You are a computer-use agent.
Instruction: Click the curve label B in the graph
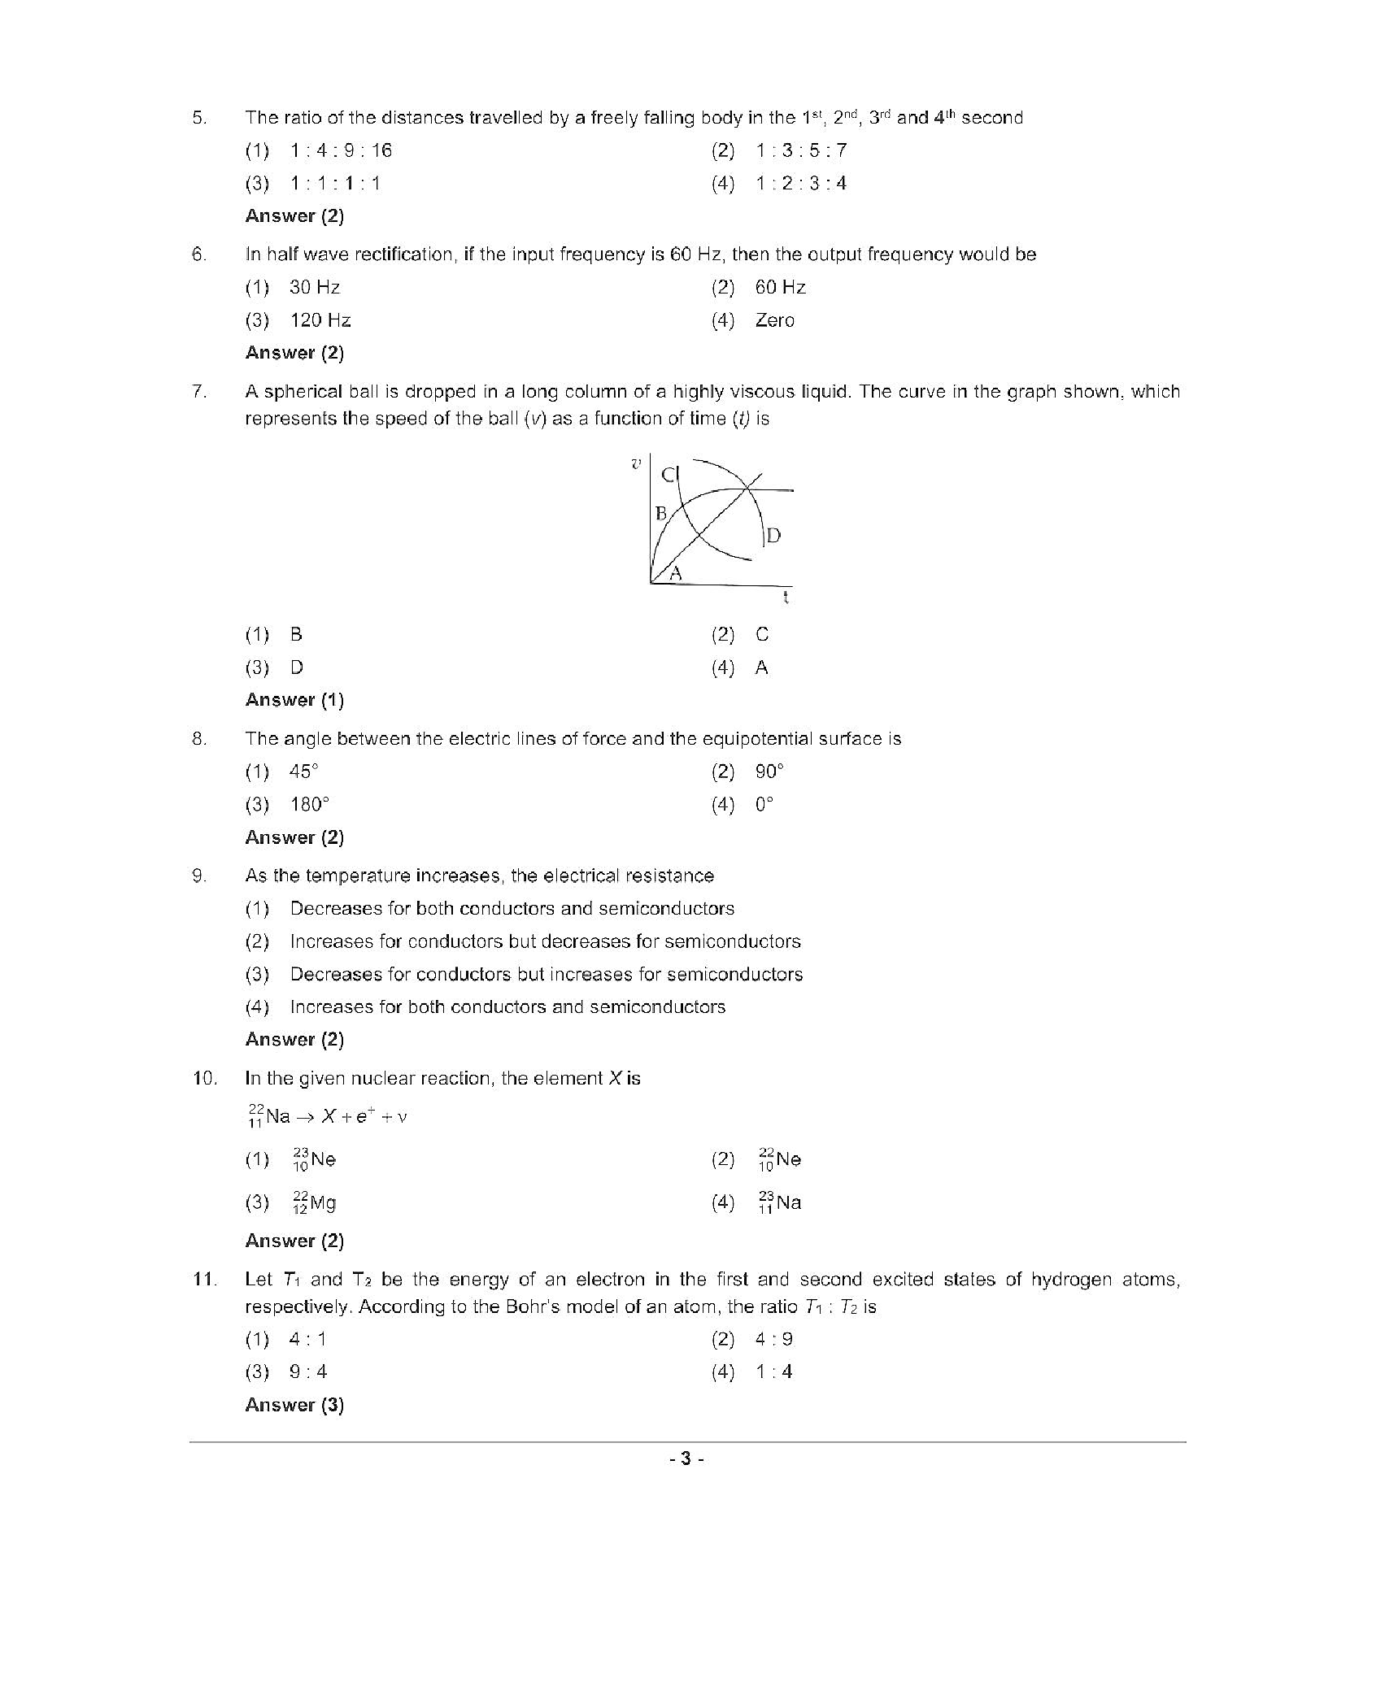click(661, 514)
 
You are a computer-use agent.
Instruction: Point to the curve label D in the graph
click(773, 536)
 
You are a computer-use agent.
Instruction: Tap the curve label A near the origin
click(675, 574)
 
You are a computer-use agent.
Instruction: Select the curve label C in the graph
click(669, 475)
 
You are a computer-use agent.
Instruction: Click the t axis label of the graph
click(786, 598)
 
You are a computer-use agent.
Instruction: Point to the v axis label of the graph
click(636, 464)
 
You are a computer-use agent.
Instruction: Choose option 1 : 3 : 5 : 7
click(800, 150)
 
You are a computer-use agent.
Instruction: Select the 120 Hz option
click(320, 320)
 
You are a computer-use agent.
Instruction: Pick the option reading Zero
click(774, 320)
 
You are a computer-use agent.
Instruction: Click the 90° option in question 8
click(769, 772)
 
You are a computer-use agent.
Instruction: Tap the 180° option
click(310, 805)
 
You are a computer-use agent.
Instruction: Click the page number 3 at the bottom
click(686, 1459)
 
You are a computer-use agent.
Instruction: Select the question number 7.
click(198, 392)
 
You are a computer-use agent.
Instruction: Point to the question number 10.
click(204, 1079)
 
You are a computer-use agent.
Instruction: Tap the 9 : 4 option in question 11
click(308, 1372)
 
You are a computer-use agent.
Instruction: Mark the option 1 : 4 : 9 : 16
click(341, 150)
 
